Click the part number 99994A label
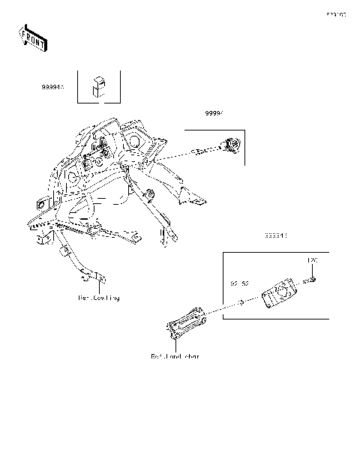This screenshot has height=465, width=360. tap(52, 88)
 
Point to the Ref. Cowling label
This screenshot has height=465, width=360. tap(99, 298)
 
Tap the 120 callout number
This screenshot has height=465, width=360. tap(314, 259)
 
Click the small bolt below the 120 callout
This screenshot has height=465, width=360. tap(313, 280)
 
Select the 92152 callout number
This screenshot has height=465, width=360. tap(239, 284)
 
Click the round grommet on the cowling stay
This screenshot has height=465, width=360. tap(149, 196)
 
